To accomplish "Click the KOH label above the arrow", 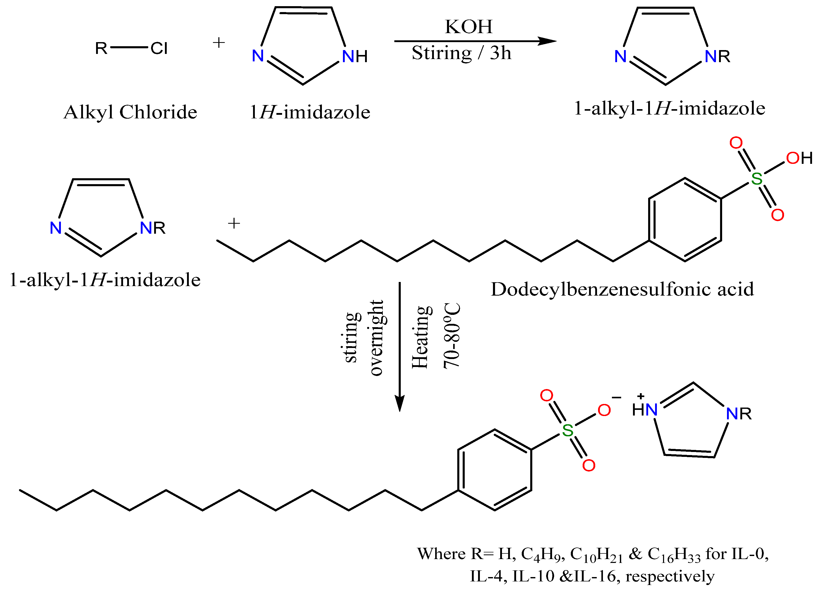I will tap(469, 26).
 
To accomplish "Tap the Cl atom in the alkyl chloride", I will tap(159, 48).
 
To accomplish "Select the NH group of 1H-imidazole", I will tap(354, 56).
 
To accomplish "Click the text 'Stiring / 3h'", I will tap(461, 53).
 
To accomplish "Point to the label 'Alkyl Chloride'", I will tap(130, 112).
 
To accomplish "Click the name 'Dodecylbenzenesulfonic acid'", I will tap(622, 289).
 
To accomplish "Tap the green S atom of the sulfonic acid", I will tap(757, 178).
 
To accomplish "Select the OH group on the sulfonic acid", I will tap(799, 158).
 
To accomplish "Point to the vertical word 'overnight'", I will tap(376, 338).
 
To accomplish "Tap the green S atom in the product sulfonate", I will tap(568, 430).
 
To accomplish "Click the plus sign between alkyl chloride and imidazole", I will tap(219, 43).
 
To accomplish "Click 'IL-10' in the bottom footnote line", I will tap(533, 576).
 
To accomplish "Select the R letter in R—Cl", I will tap(101, 48).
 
